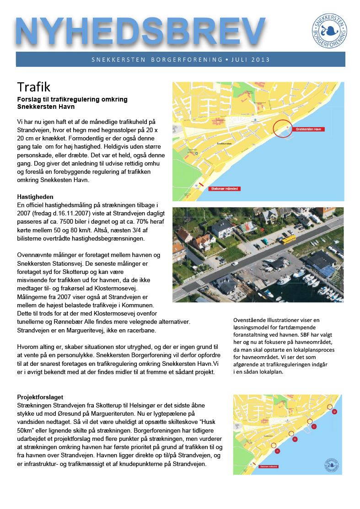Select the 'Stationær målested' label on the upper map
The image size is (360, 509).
click(x=224, y=188)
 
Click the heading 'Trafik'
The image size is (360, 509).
click(x=33, y=86)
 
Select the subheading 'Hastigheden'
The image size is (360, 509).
click(x=35, y=197)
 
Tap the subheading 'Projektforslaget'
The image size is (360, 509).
click(x=40, y=397)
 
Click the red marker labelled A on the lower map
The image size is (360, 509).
click(x=278, y=450)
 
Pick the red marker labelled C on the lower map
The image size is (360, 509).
click(x=314, y=426)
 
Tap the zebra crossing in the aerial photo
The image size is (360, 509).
click(x=200, y=283)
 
